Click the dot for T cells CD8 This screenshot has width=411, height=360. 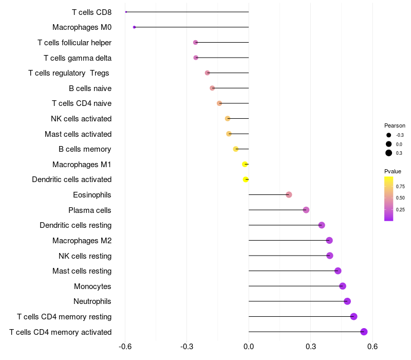[x=126, y=12]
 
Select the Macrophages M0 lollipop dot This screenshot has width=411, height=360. [x=134, y=27]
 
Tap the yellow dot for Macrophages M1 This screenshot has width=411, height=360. [x=245, y=164]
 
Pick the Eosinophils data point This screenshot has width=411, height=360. [x=289, y=194]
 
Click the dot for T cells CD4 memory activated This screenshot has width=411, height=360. [x=364, y=332]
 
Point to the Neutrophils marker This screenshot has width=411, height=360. [x=347, y=301]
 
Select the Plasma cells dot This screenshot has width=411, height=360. [x=306, y=210]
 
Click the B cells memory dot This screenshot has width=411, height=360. [x=236, y=149]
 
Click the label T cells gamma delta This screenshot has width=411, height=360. [x=78, y=58]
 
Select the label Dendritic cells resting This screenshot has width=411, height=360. [x=76, y=225]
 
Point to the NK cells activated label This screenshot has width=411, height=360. [x=81, y=119]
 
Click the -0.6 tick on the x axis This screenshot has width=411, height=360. [x=125, y=347]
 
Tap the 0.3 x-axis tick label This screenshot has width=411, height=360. [x=311, y=347]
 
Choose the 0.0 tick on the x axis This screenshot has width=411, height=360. [x=249, y=347]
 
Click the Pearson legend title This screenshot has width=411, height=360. [x=395, y=125]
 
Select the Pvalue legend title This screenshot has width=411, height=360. [x=393, y=171]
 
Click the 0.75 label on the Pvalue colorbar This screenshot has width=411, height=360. [x=400, y=186]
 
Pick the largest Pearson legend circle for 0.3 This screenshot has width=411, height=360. [x=389, y=153]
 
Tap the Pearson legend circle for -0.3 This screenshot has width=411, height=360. [x=389, y=135]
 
